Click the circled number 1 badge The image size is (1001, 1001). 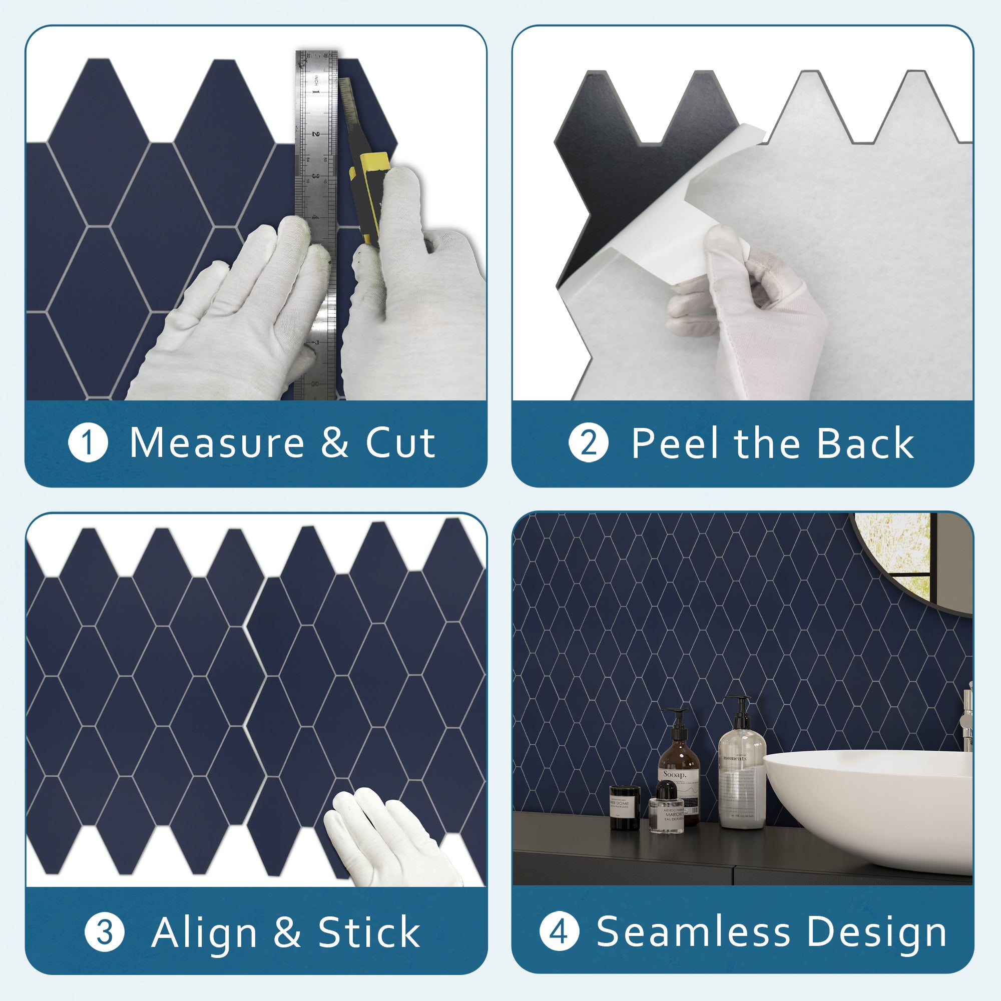(x=88, y=443)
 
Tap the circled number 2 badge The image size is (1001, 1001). (x=588, y=443)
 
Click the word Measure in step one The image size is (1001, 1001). (x=217, y=443)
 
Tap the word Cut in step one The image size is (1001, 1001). (x=400, y=443)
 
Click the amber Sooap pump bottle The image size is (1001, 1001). (x=679, y=767)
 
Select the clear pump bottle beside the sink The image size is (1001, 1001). (x=742, y=772)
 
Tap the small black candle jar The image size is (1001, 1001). (x=624, y=808)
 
